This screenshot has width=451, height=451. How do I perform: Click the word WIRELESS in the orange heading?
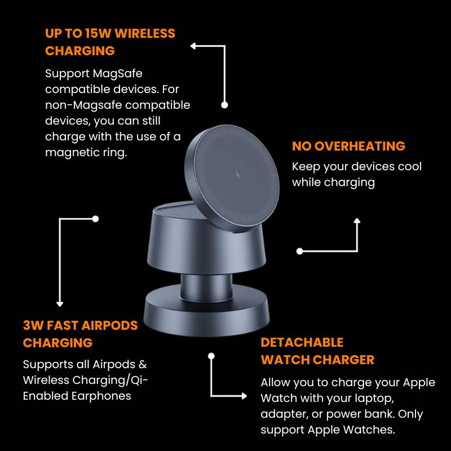pyautogui.click(x=145, y=34)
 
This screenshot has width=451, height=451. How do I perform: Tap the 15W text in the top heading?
pyautogui.click(x=98, y=34)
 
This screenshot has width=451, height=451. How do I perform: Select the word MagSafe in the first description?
pyautogui.click(x=118, y=74)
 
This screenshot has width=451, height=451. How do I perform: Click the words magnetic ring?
pyautogui.click(x=86, y=153)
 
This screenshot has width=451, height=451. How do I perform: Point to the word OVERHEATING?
pyautogui.click(x=360, y=146)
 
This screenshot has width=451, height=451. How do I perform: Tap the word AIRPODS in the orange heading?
pyautogui.click(x=109, y=326)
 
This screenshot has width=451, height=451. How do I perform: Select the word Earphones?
pyautogui.click(x=101, y=396)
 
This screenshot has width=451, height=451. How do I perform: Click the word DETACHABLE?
pyautogui.click(x=302, y=343)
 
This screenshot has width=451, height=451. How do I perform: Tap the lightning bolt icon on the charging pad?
pyautogui.click(x=237, y=174)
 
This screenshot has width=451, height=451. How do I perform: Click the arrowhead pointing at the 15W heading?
pyautogui.click(x=193, y=46)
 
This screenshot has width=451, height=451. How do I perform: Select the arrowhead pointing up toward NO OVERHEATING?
pyautogui.click(x=357, y=220)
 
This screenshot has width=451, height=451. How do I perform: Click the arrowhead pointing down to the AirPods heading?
pyautogui.click(x=60, y=304)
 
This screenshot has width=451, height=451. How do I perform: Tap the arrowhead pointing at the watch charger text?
pyautogui.click(x=244, y=396)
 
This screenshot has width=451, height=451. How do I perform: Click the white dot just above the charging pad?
pyautogui.click(x=224, y=105)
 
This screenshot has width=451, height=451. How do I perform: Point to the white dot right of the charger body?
pyautogui.click(x=300, y=251)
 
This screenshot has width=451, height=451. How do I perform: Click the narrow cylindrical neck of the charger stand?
pyautogui.click(x=206, y=288)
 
